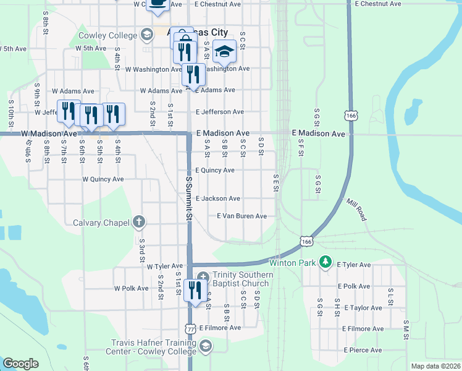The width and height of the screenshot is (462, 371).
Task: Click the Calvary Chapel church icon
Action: coord(140,222)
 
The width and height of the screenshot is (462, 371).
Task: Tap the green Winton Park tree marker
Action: coord(326,263)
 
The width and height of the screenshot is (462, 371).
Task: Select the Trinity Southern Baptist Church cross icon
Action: coord(203,276)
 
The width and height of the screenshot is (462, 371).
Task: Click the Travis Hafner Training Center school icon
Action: coord(206,344)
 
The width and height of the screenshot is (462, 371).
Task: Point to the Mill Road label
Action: coord(356,210)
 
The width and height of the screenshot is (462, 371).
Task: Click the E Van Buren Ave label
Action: coord(241,216)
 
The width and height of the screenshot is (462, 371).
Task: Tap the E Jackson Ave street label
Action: coord(217,198)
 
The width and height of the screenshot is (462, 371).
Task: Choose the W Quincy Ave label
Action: coord(103,179)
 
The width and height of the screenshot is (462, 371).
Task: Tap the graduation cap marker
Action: coord(224,51)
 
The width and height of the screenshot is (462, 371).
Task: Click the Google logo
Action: coord(20,364)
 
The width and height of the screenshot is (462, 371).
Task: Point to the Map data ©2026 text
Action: coord(435,366)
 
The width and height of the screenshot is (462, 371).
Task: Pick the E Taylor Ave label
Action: coord(364,307)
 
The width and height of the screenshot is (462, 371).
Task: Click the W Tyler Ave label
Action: coord(165,266)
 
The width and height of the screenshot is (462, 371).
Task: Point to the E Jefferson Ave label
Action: coord(219,112)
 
